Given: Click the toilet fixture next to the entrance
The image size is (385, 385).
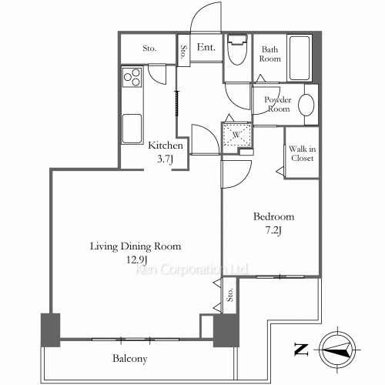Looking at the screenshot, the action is click(x=237, y=50).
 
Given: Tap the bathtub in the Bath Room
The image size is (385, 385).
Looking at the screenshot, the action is click(x=300, y=59).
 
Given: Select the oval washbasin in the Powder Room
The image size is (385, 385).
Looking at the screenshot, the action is click(x=306, y=105).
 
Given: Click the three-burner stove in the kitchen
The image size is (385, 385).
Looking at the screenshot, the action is click(x=132, y=77).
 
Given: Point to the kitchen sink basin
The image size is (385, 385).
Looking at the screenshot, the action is click(x=132, y=129).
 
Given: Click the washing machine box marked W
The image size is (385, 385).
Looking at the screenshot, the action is click(x=236, y=135).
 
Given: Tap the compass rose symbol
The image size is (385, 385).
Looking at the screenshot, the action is click(x=337, y=350).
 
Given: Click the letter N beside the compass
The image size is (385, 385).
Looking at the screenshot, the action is click(x=300, y=350).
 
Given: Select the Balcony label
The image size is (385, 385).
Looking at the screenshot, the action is click(x=130, y=359).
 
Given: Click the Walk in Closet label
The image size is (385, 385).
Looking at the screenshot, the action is click(x=302, y=153).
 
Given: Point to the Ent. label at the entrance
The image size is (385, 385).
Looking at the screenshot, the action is click(x=206, y=47).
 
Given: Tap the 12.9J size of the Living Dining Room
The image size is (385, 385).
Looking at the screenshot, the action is click(x=136, y=260).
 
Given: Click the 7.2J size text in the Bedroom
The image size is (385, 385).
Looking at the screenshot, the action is click(x=273, y=230).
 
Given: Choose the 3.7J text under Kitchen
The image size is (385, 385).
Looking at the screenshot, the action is click(x=166, y=159).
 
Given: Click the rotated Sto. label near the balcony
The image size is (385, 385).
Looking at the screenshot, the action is click(x=230, y=295).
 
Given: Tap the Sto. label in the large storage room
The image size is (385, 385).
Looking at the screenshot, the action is click(x=149, y=49).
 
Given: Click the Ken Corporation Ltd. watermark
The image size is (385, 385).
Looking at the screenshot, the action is click(x=192, y=269).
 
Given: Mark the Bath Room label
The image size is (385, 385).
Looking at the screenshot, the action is click(x=269, y=54).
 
